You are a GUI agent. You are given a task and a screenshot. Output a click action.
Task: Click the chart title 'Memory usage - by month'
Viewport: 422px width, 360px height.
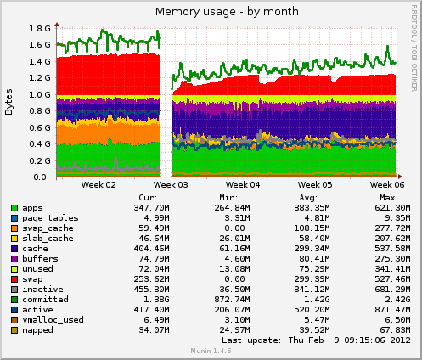click(211, 10)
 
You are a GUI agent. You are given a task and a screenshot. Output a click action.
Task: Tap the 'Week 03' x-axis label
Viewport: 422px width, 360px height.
click(172, 184)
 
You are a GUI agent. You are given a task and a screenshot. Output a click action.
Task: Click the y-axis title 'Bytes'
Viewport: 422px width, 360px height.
click(9, 102)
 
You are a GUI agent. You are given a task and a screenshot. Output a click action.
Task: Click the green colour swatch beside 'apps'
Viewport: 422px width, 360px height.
click(14, 208)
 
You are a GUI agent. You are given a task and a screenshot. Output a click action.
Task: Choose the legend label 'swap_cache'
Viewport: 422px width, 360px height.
click(48, 228)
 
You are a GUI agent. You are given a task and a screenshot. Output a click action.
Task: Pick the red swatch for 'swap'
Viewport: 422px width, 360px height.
click(14, 279)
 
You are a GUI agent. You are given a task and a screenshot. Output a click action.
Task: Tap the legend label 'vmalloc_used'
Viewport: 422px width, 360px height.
click(53, 320)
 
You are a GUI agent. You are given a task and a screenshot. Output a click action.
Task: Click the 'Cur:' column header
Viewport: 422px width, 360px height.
click(148, 197)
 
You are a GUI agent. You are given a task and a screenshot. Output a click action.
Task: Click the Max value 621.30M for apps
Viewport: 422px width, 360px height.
click(391, 208)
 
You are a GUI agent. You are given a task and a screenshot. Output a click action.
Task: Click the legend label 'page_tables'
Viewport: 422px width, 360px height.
click(50, 218)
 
